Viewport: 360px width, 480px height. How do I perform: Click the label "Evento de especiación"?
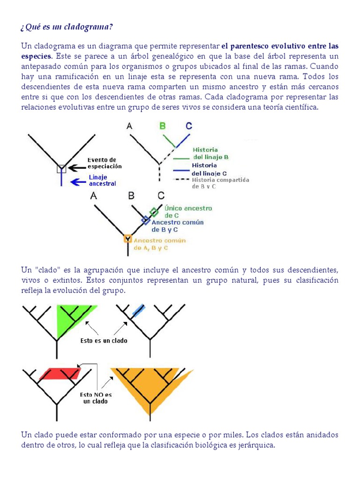tap(105, 163)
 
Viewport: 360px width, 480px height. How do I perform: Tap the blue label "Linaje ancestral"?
tap(103, 180)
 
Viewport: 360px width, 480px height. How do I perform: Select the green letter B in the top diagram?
tap(163, 126)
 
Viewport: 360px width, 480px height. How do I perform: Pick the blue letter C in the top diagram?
tap(188, 126)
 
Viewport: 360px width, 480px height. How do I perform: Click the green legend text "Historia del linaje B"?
tap(211, 153)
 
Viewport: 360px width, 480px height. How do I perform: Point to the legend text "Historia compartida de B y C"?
tap(220, 183)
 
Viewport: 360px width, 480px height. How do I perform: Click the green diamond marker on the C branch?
tap(154, 211)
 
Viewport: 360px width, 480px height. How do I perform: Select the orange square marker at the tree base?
tap(127, 239)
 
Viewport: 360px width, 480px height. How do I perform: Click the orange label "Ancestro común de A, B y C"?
tap(160, 244)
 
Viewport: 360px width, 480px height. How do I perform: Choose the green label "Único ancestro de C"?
tap(188, 211)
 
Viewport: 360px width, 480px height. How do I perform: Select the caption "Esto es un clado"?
tap(104, 341)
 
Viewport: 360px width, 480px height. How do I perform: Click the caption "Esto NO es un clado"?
tap(96, 397)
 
